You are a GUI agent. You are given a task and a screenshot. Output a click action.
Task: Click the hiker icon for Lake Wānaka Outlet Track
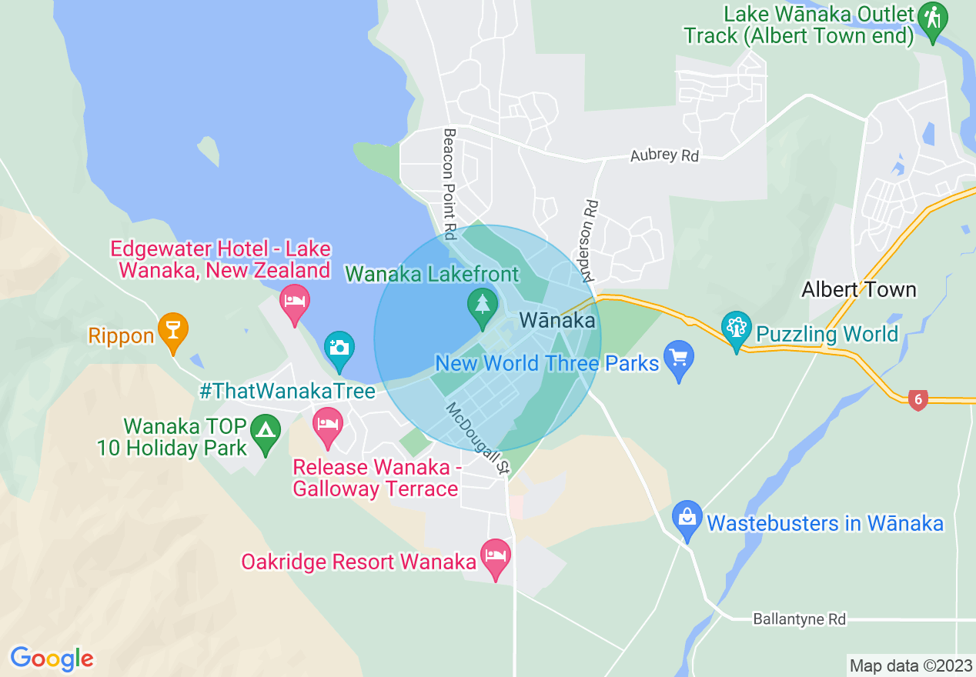pyautogui.click(x=933, y=20)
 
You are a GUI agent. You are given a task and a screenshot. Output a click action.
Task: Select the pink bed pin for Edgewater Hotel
pyautogui.click(x=295, y=301)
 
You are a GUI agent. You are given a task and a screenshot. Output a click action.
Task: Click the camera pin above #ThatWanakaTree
pyautogui.click(x=339, y=348)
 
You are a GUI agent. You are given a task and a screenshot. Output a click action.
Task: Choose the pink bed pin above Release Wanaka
pyautogui.click(x=328, y=425)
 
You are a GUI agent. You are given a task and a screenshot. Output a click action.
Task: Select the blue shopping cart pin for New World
pyautogui.click(x=678, y=359)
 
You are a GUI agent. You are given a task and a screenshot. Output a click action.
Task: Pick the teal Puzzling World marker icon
pyautogui.click(x=737, y=329)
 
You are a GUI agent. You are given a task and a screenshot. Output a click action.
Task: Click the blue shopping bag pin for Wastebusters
pyautogui.click(x=687, y=519)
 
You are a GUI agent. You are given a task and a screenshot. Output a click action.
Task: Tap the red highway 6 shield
pyautogui.click(x=917, y=399)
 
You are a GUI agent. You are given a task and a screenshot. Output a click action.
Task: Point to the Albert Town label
pyautogui.click(x=858, y=290)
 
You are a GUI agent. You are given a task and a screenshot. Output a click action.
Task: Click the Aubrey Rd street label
pyautogui.click(x=664, y=155)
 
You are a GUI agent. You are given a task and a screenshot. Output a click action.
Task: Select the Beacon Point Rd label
pyautogui.click(x=450, y=183)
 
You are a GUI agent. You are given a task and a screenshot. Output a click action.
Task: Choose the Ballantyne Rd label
pyautogui.click(x=799, y=619)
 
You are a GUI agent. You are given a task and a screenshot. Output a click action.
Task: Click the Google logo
pyautogui.click(x=52, y=659)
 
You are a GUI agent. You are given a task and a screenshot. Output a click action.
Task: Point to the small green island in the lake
pyautogui.click(x=209, y=151)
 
